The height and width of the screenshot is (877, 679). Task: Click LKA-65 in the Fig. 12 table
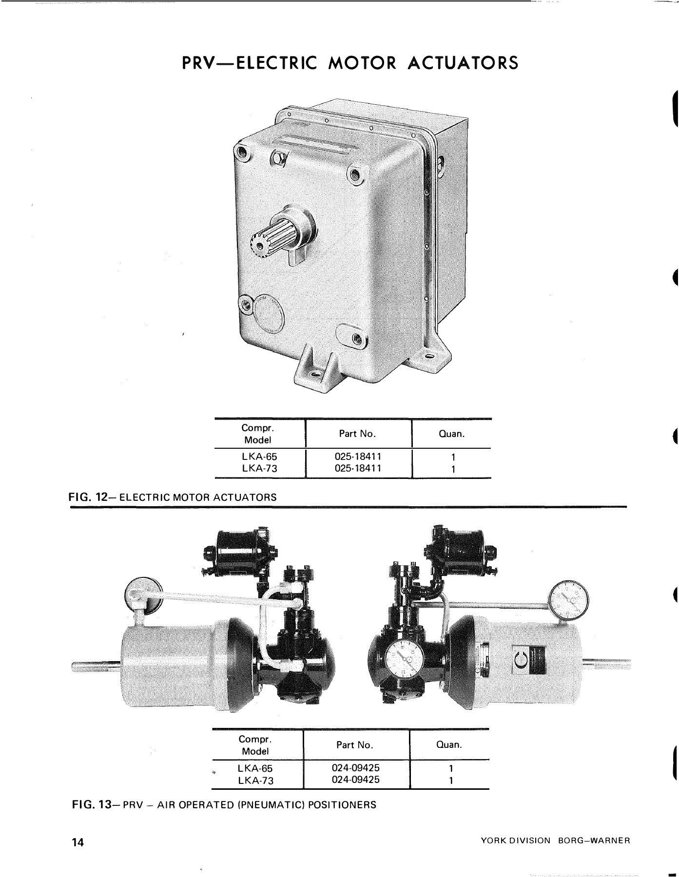pos(259,458)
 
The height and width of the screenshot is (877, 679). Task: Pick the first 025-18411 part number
pos(358,457)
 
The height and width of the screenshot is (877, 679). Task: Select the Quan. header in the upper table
pos(452,433)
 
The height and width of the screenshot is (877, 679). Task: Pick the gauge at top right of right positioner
pos(569,600)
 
